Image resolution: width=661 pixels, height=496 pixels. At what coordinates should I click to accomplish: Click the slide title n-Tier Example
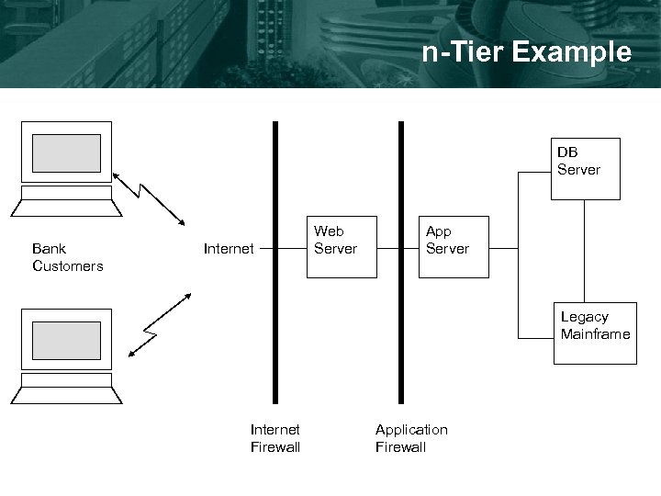pyautogui.click(x=527, y=52)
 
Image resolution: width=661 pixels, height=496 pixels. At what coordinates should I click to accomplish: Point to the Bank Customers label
pyautogui.click(x=67, y=257)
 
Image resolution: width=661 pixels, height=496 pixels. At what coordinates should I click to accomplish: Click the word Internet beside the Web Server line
pyautogui.click(x=229, y=248)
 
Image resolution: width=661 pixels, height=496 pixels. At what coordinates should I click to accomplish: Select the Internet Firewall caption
pyautogui.click(x=275, y=438)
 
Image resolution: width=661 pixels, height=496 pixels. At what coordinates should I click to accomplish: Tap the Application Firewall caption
pyautogui.click(x=411, y=438)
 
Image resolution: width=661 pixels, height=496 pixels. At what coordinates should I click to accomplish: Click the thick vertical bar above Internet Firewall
pyautogui.click(x=274, y=184)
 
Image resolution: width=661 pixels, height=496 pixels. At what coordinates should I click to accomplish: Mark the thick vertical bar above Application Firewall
pyautogui.click(x=400, y=184)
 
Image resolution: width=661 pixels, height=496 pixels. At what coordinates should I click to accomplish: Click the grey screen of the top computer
pyautogui.click(x=66, y=152)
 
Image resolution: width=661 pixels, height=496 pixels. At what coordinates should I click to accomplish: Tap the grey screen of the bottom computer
pyautogui.click(x=66, y=340)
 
